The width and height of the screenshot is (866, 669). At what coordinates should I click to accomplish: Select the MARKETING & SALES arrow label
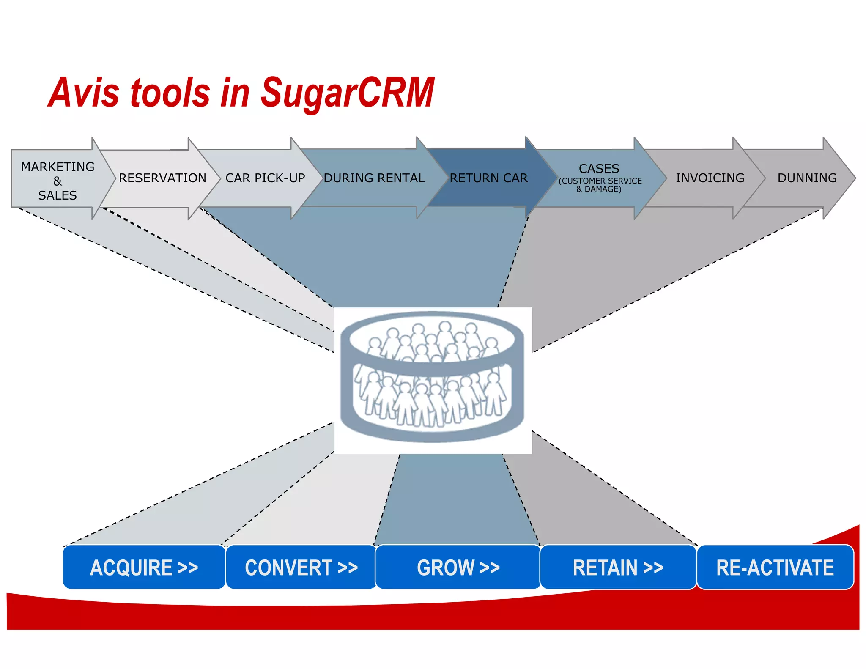tap(58, 181)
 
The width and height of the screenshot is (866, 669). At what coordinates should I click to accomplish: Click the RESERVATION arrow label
tap(162, 178)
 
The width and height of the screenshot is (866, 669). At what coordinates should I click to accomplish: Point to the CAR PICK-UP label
tap(265, 178)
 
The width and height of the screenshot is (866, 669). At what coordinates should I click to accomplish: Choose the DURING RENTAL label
tap(374, 178)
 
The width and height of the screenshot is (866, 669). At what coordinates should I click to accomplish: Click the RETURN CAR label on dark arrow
tap(488, 178)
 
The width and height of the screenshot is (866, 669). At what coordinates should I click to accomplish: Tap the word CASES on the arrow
tap(599, 169)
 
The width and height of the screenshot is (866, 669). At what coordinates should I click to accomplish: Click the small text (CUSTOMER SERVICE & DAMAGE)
tap(600, 185)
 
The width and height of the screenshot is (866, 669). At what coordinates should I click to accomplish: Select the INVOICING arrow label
tap(710, 178)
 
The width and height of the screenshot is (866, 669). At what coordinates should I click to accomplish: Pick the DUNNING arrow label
tap(807, 178)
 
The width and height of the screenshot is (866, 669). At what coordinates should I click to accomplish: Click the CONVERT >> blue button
tap(301, 567)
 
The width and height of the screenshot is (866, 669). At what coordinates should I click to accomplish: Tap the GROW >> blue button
tap(458, 567)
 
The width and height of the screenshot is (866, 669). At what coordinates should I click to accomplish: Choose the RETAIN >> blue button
tap(618, 567)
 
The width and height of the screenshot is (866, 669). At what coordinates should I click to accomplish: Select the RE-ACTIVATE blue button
tap(775, 567)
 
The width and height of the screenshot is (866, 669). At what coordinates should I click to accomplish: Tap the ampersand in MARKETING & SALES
tap(58, 181)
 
